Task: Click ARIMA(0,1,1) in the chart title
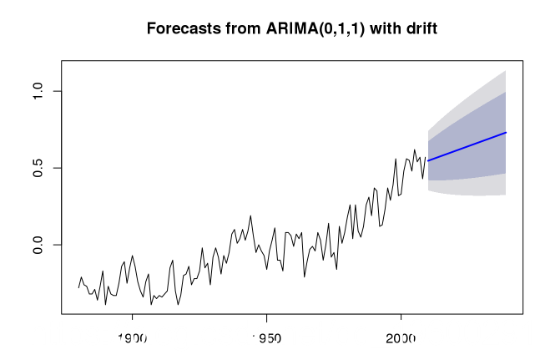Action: (305, 29)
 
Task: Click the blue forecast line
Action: (467, 146)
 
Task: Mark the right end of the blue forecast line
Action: (507, 132)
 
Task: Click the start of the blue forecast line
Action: (428, 160)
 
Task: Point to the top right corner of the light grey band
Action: (506, 71)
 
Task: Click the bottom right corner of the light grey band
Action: (506, 195)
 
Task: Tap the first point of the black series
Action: (78, 288)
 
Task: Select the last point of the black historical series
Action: (426, 157)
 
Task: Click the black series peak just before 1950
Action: (250, 215)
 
